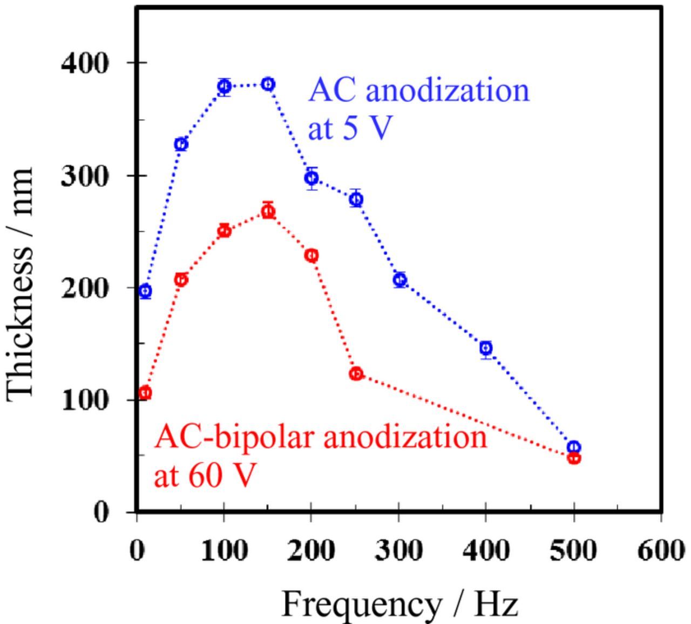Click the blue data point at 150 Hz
click(x=268, y=84)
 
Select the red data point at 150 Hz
click(x=268, y=211)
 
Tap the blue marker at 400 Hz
click(x=486, y=348)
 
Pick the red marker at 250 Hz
click(x=356, y=374)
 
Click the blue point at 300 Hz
click(x=399, y=280)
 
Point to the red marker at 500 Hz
click(x=574, y=458)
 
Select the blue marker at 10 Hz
click(x=145, y=291)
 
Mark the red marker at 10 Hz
click(x=145, y=393)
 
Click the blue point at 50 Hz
click(x=181, y=144)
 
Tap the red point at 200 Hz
click(x=311, y=255)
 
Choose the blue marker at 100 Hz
click(x=225, y=86)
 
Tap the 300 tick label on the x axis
click(x=399, y=551)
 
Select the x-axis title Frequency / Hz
click(x=399, y=604)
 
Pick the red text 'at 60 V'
click(x=203, y=475)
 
